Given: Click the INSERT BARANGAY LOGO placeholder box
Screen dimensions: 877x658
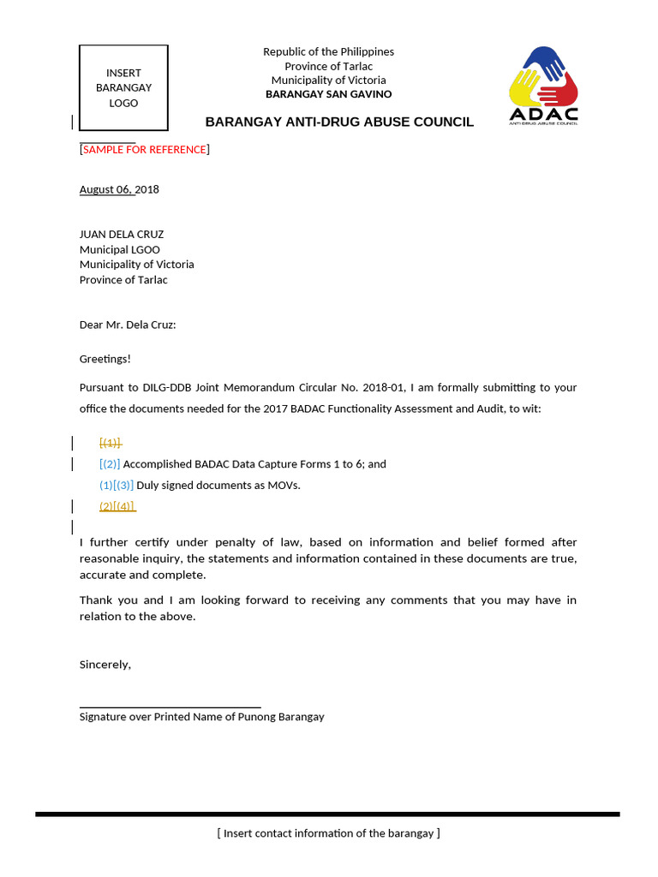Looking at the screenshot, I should click(123, 87).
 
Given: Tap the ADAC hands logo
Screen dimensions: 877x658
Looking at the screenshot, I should click(543, 86).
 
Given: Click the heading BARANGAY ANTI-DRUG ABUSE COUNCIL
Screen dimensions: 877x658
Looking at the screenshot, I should click(339, 122).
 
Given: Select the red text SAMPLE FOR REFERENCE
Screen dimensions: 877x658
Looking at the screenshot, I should click(145, 150).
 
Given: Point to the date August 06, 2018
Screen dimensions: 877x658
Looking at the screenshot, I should click(119, 189).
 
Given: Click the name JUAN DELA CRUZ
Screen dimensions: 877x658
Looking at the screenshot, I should click(122, 234).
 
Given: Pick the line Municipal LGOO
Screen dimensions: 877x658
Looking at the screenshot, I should click(120, 249).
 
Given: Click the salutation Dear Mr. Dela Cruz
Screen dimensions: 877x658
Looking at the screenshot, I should click(128, 325).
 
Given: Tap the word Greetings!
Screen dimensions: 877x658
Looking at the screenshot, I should click(105, 359).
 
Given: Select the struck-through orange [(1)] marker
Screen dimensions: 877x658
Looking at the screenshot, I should click(110, 443).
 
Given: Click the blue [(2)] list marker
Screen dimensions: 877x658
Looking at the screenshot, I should click(110, 464).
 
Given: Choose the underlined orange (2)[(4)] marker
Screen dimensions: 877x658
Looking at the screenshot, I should click(117, 506).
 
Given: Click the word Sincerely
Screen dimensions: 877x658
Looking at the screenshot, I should click(105, 664).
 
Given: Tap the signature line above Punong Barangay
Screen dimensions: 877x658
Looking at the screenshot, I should click(170, 707).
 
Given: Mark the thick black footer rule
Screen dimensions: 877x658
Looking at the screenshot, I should click(327, 814).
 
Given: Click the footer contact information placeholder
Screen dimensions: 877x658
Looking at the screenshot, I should click(329, 833).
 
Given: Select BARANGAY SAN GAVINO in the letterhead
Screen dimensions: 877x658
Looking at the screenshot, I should click(329, 94).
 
